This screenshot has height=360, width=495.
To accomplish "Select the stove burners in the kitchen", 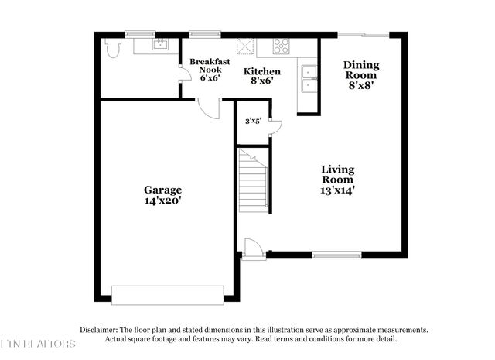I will (282, 45).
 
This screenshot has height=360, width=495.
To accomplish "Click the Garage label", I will (162, 190).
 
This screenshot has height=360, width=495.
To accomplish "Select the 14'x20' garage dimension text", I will (162, 201).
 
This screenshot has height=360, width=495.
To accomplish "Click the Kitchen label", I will (262, 72).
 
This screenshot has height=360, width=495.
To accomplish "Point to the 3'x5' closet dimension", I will (253, 121).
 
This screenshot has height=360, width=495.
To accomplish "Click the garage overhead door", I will (168, 294).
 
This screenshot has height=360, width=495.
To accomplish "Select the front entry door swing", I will (253, 249).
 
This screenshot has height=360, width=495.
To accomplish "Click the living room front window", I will (336, 255).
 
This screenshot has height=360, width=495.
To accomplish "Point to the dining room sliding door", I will (365, 34).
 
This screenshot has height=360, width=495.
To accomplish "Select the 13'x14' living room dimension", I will (338, 190).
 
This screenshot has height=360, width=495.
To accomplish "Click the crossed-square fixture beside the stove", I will (246, 45).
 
